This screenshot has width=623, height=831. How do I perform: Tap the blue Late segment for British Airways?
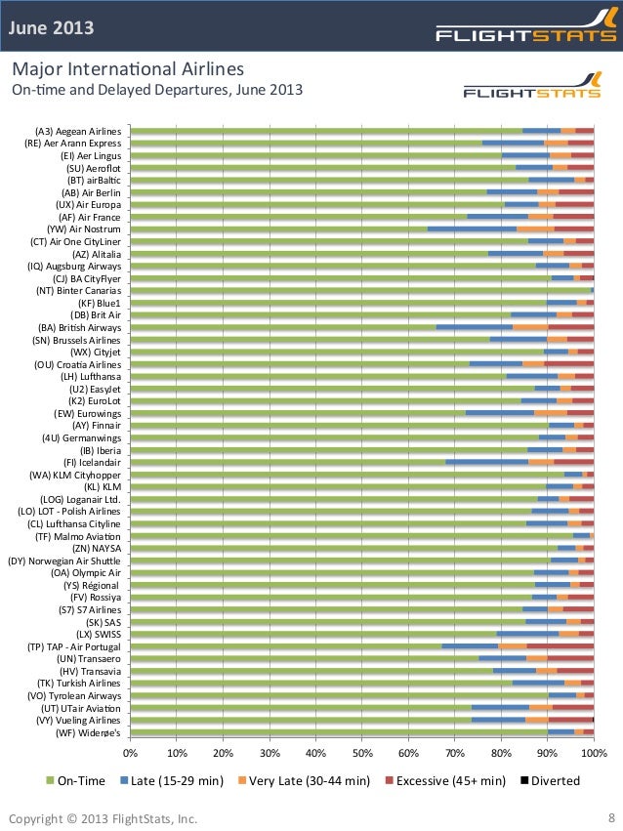474,327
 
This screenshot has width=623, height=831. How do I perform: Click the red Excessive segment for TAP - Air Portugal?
560,645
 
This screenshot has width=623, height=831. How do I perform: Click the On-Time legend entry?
74,780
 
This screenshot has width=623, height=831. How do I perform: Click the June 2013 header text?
52,27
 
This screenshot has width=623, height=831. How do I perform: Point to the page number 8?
610,817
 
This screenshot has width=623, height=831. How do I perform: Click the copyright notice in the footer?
103,817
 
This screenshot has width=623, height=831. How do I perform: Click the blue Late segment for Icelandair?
486,462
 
